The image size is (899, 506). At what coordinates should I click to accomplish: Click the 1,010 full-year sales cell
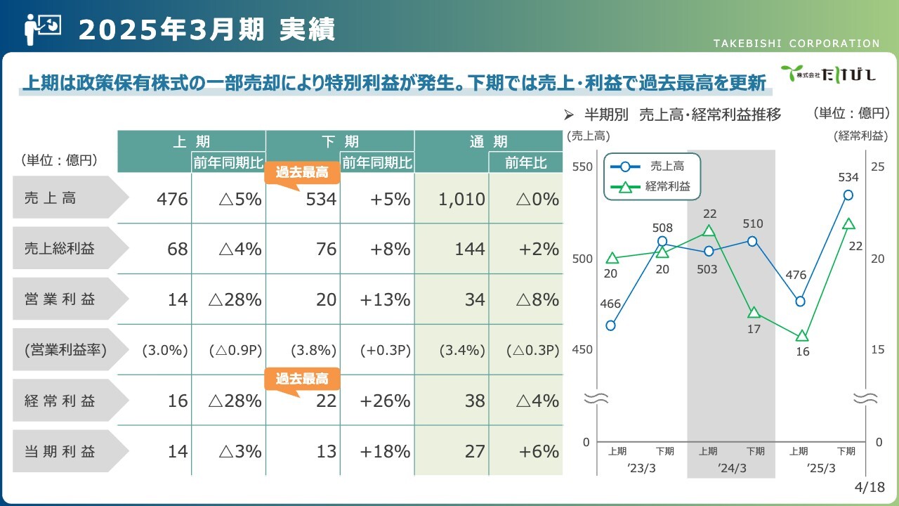(461, 199)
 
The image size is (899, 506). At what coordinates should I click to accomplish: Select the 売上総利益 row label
(60, 249)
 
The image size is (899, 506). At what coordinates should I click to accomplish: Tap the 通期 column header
(488, 141)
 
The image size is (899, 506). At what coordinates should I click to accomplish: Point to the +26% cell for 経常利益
(385, 401)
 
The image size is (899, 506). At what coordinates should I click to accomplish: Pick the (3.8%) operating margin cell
(313, 350)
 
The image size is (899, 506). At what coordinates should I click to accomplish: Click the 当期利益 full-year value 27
(475, 451)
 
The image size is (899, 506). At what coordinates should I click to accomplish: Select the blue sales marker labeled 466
(610, 325)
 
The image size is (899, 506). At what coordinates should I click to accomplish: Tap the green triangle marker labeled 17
(754, 313)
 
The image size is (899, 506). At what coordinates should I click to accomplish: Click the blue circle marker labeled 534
(848, 195)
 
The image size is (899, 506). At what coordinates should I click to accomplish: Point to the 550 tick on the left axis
(582, 167)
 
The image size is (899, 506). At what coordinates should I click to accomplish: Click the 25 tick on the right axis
(877, 167)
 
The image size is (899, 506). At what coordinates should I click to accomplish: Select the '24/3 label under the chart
(732, 468)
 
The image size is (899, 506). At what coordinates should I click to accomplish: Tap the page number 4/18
(870, 487)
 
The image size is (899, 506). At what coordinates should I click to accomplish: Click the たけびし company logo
(827, 74)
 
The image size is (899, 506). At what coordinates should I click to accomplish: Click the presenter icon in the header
(43, 30)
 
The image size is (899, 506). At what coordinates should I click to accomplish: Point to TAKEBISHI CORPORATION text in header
(796, 44)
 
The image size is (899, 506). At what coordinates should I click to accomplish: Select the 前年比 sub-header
(526, 162)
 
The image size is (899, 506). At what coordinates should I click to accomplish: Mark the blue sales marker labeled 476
(800, 301)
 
